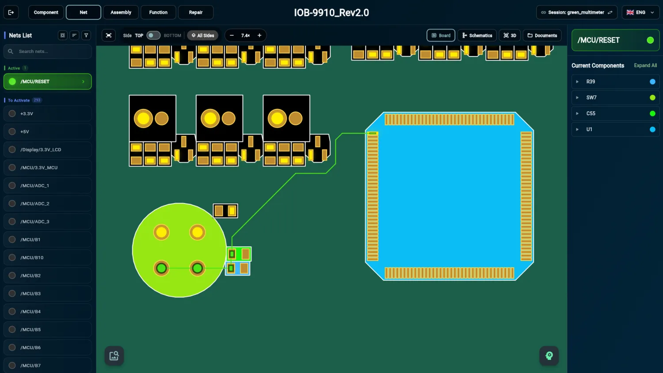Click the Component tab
pos(46,12)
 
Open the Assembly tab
pos(121,12)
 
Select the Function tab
pos(158,12)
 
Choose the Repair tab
pos(196,12)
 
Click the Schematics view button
pos(477,35)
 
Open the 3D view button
pos(510,35)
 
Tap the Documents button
pos(542,35)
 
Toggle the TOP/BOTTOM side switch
pos(153,35)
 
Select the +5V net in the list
pos(48,132)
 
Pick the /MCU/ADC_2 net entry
pos(48,203)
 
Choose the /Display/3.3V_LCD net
pos(48,150)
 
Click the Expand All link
pos(645,65)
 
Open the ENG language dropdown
pos(640,12)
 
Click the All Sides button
pos(203,35)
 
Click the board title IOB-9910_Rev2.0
pos(331,12)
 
